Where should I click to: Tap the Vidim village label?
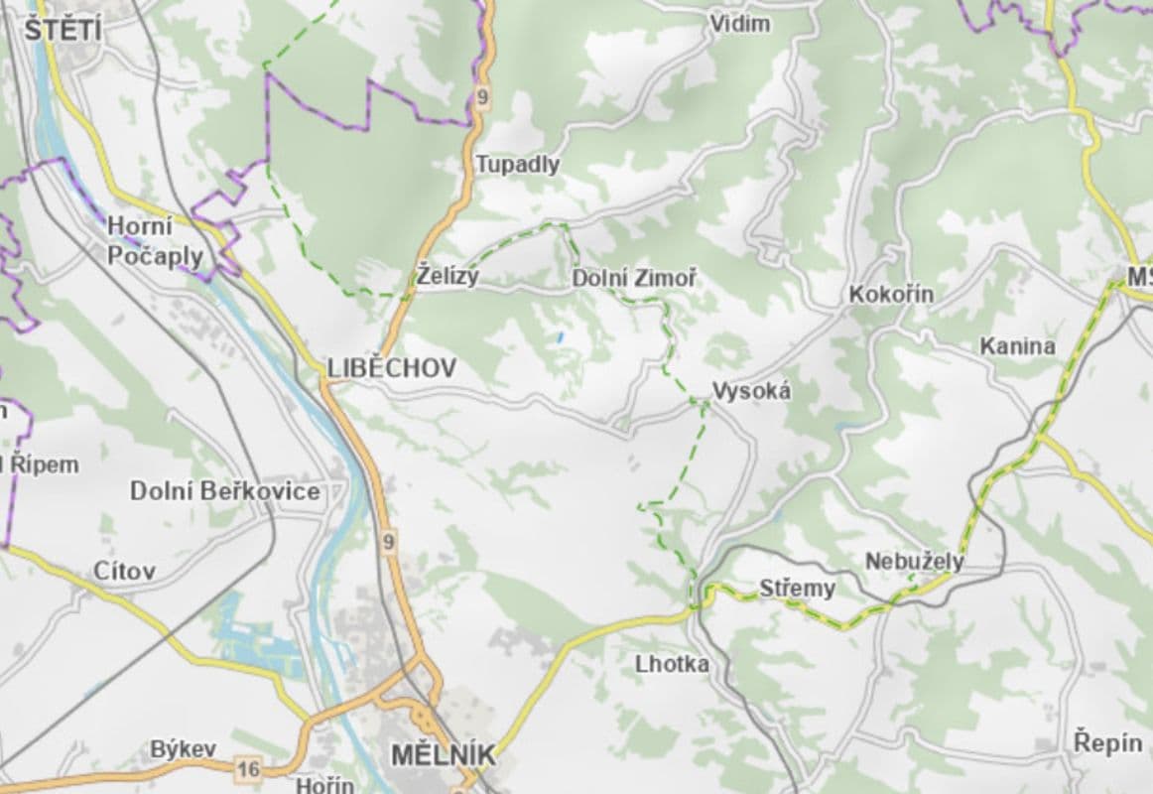click(x=739, y=24)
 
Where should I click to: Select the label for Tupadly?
click(x=517, y=165)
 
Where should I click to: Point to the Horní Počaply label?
click(x=155, y=241)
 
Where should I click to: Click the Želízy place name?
click(x=448, y=277)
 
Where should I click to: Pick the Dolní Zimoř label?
click(x=634, y=280)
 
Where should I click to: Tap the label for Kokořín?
click(x=891, y=295)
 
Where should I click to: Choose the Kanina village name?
click(x=1017, y=346)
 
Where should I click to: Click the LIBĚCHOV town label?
click(x=392, y=368)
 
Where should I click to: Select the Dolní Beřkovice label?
click(x=225, y=491)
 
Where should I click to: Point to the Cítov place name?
click(x=124, y=571)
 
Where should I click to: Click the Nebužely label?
click(x=914, y=562)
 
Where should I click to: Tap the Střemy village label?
click(x=798, y=589)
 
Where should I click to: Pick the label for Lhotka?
click(x=673, y=664)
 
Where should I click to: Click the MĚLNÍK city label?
click(x=443, y=755)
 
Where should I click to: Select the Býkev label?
click(x=183, y=749)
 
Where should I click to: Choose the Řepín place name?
click(x=1107, y=742)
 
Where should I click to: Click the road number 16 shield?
click(x=248, y=767)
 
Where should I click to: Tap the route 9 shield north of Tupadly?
click(x=482, y=96)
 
